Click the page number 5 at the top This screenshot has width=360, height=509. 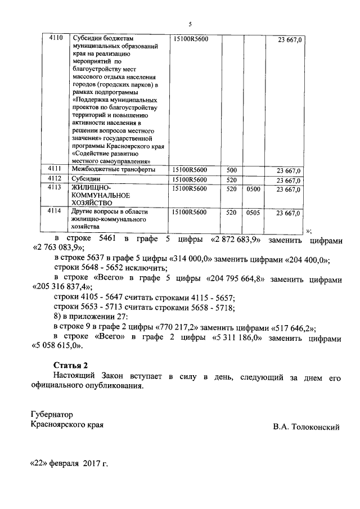coord(190,24)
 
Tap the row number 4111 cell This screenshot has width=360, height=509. coord(55,170)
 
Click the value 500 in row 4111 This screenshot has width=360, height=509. coord(231,170)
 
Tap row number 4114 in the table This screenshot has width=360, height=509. coord(55,212)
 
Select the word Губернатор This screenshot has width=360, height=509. coord(52,415)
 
